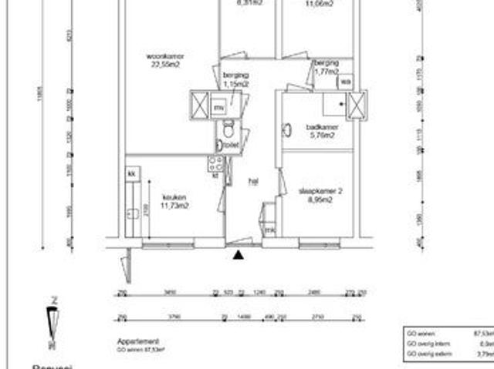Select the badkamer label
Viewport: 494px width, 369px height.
(321, 128)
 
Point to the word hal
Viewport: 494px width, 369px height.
(252, 182)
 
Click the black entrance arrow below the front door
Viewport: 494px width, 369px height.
(239, 255)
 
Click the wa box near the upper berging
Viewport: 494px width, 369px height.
(345, 81)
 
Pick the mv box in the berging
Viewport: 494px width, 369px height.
(220, 108)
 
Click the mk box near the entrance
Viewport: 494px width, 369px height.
(269, 230)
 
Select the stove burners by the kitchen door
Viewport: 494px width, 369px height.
(216, 163)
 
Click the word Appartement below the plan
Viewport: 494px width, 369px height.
(137, 341)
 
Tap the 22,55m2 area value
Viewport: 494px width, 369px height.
(166, 65)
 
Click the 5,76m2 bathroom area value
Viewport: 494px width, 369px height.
(321, 136)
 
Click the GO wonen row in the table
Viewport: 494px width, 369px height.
(448, 334)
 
